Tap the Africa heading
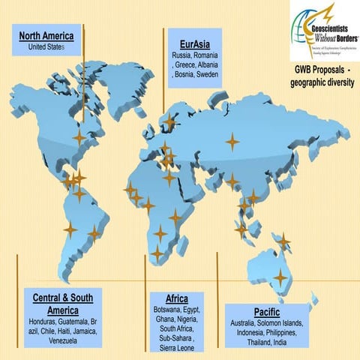coord(176,298)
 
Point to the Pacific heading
coord(267,311)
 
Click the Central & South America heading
coord(62,304)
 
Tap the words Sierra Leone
coord(176,349)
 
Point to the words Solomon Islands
coord(279,322)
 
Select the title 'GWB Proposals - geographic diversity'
coord(323,75)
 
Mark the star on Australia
coord(280,277)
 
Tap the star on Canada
coord(79,138)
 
